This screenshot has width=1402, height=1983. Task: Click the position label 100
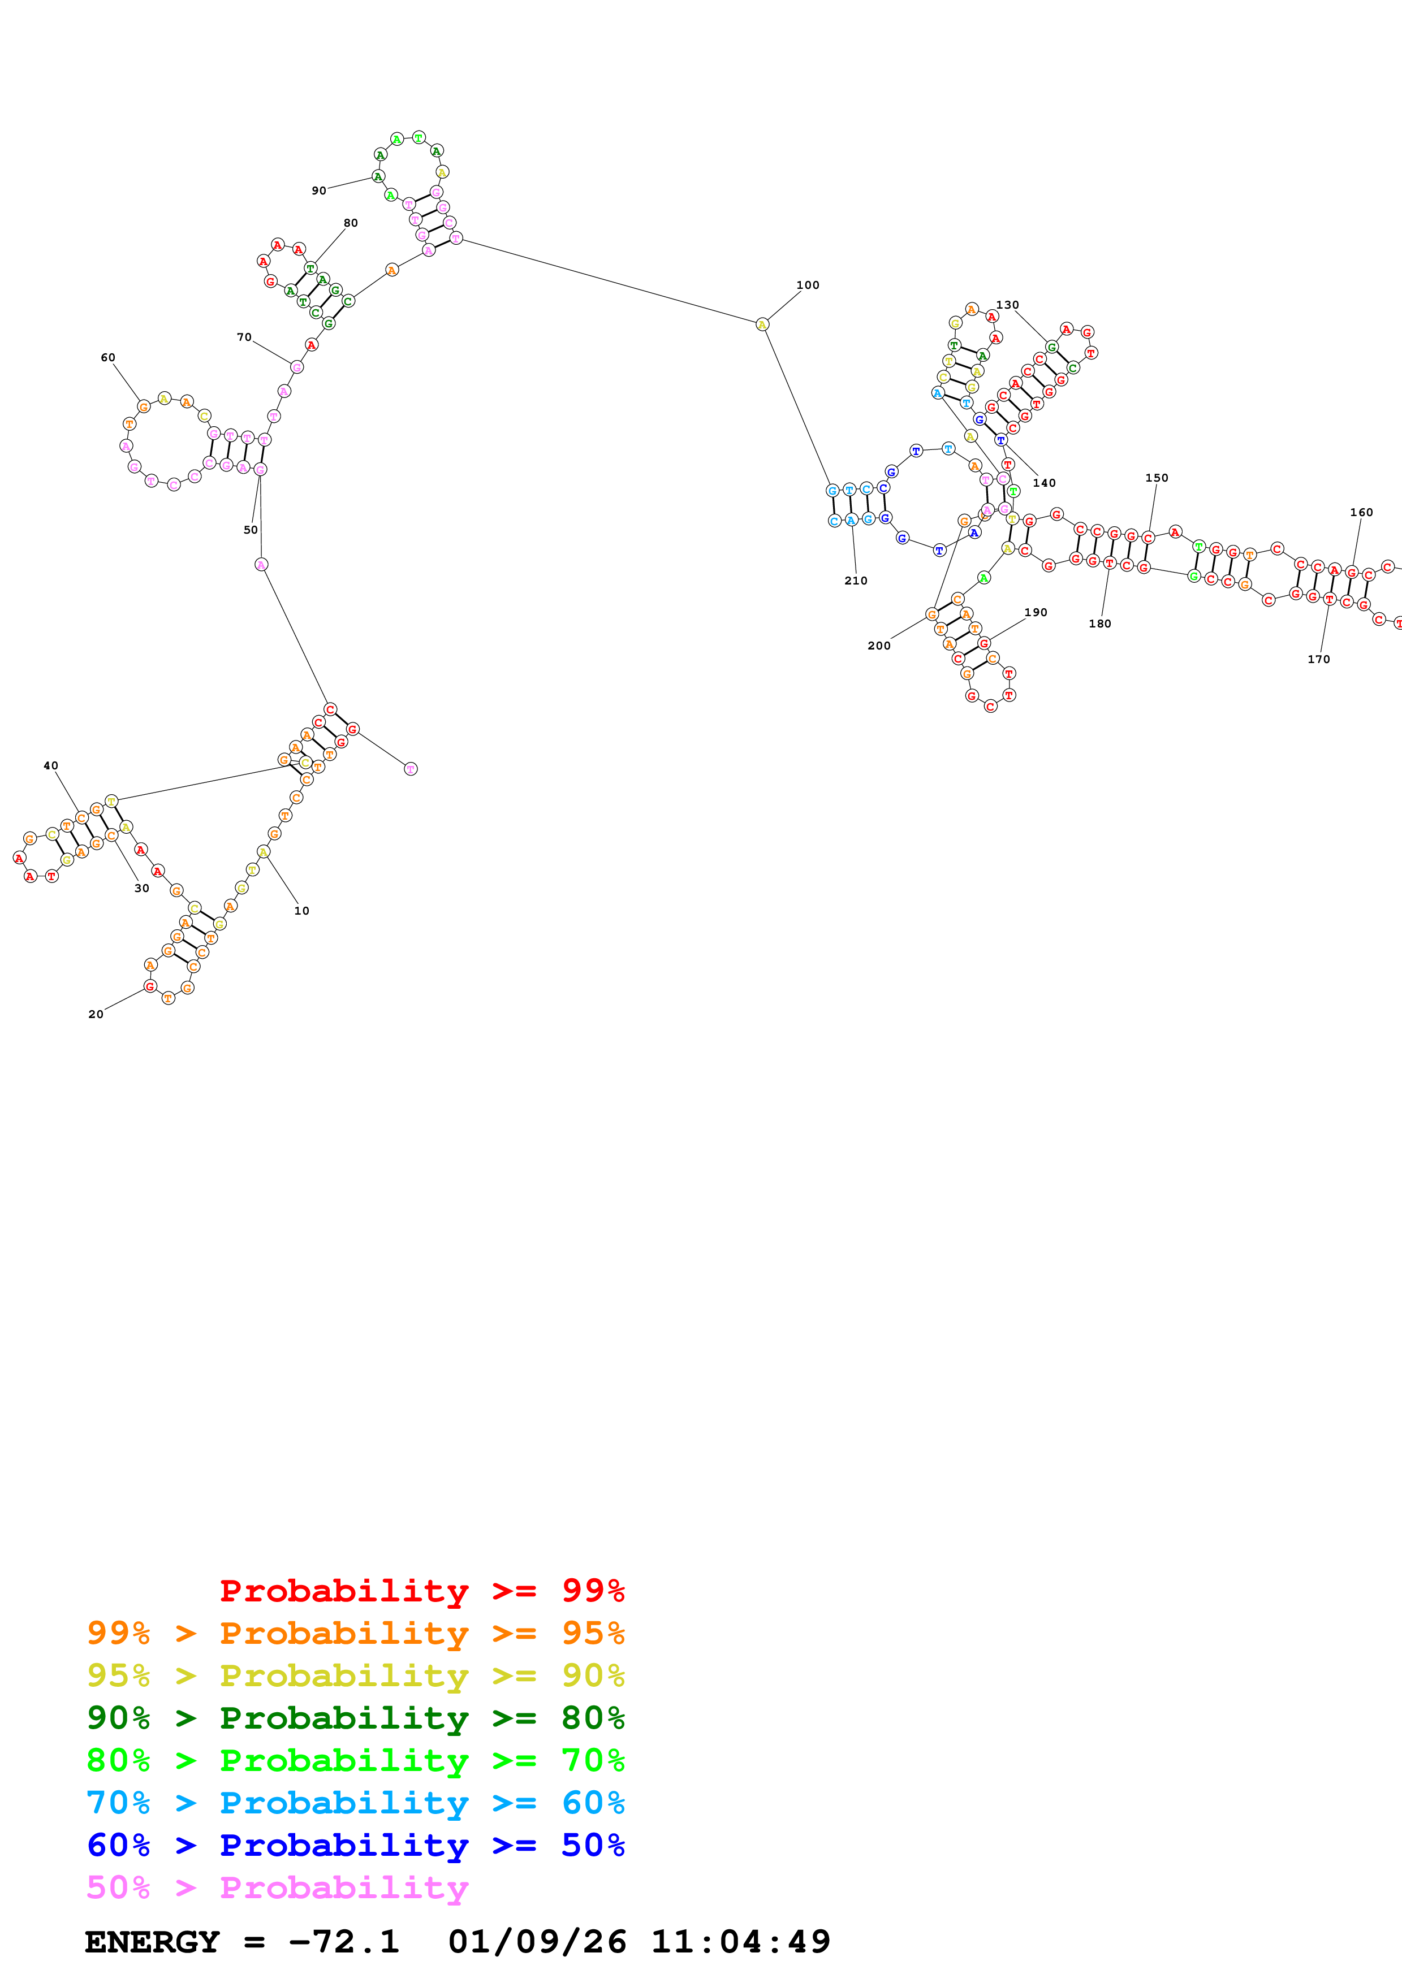pos(807,285)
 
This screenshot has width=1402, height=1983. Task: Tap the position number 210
pos(855,581)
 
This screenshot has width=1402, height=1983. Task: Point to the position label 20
pos(96,1014)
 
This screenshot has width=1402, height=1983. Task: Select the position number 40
pos(51,765)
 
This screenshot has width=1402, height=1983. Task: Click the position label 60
pos(108,358)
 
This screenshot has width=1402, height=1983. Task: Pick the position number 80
pos(351,223)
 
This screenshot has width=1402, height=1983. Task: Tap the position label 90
pos(319,191)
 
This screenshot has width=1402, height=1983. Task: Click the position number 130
pos(1007,305)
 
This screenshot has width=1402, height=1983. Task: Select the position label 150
pos(1157,478)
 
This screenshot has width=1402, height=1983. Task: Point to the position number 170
pos(1318,659)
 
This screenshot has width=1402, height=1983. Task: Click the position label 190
pos(1036,612)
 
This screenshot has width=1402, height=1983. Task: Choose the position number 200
pos(878,645)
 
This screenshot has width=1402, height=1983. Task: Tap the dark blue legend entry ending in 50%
pos(356,1845)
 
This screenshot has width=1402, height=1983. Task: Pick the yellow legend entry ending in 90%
pos(356,1675)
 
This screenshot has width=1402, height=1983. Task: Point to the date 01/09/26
pos(537,1942)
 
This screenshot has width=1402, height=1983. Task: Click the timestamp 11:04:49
pos(740,1942)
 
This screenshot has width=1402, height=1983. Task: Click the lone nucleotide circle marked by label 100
pos(762,324)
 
